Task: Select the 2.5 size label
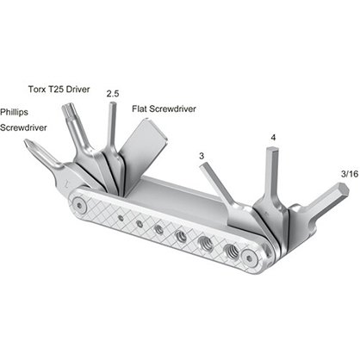coord(113,93)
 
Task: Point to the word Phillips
coord(18,112)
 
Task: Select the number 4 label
coord(272,137)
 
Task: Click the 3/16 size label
coord(349,175)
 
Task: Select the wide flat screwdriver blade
coord(146,138)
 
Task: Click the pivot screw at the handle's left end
coord(79,206)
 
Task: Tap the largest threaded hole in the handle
coord(231,251)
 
